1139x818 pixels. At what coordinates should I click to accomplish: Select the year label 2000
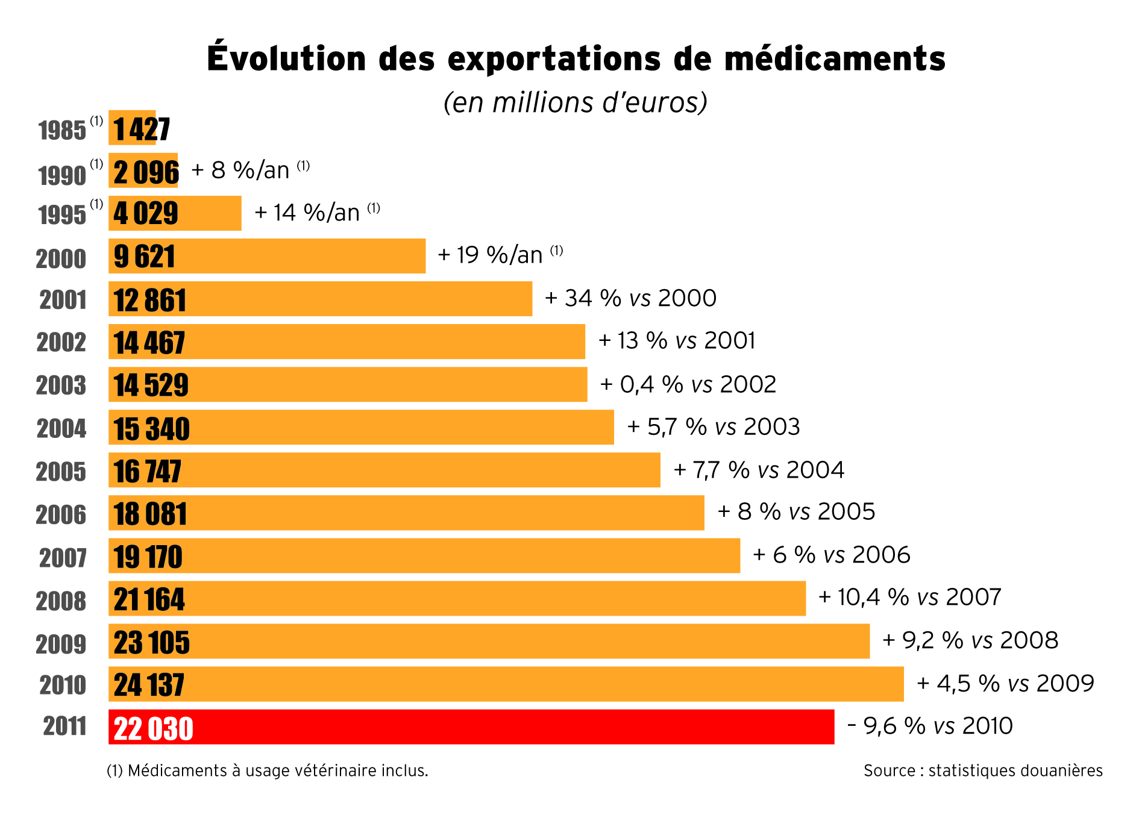pos(61,259)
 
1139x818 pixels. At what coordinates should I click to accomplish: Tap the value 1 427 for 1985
pos(142,129)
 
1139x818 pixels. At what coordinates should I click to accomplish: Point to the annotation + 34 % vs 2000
pos(630,298)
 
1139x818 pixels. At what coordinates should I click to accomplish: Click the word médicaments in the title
pos(835,59)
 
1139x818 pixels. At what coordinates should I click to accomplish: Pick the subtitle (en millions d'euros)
pos(575,102)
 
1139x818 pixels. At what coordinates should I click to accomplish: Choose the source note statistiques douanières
pos(983,770)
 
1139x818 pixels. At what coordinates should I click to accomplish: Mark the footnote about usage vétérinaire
pos(267,770)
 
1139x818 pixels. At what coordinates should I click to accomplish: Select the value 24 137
pos(149,685)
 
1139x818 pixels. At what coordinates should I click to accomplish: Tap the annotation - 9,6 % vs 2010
pos(930,726)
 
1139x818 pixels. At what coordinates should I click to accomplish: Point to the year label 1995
pos(62,215)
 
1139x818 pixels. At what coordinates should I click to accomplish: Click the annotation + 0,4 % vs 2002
pos(688,384)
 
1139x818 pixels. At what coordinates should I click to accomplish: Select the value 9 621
pos(144,257)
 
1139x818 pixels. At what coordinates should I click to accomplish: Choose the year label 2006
pos(61,515)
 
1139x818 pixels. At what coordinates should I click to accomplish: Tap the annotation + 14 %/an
pos(307,213)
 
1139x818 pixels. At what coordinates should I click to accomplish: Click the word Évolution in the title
pos(286,59)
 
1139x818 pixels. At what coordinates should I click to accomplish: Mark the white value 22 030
pos(153,728)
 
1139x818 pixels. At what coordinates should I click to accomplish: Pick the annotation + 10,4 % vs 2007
pos(909,597)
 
